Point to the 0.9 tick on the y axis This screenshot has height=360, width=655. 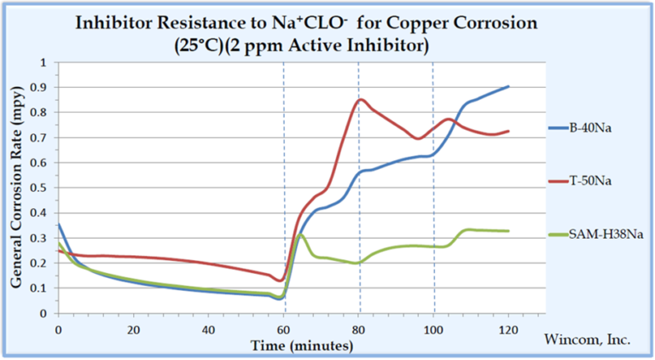pos(43,87)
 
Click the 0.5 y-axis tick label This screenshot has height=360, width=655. pos(43,188)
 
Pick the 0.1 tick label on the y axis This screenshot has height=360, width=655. pos(43,288)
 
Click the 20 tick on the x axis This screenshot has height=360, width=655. pos(133,328)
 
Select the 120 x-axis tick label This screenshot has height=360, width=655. pos(508,328)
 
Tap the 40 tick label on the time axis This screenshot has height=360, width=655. pos(208,328)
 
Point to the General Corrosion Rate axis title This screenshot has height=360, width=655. pos(18,188)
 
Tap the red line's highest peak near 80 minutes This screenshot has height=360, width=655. pos(360,99)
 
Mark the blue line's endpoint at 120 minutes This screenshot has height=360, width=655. pos(508,86)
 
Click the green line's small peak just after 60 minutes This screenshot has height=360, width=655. pos(300,235)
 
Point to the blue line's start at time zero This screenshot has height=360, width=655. pos(58,224)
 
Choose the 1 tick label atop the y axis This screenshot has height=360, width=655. pos(48,62)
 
